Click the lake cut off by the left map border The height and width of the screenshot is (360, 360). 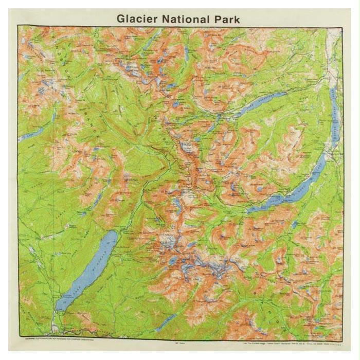(x=31, y=135)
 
